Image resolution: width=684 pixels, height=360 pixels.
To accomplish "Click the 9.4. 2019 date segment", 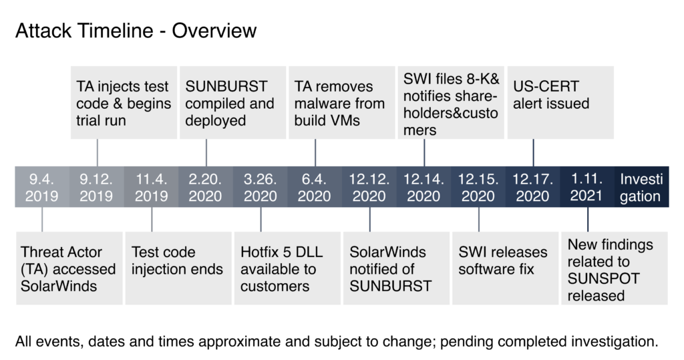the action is pos(42,187).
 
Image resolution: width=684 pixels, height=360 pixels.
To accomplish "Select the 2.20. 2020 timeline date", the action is pos(206,187).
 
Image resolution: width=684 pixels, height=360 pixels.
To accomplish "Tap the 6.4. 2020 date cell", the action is pos(315,187).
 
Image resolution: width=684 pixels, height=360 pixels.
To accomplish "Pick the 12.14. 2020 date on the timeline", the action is pos(423,187).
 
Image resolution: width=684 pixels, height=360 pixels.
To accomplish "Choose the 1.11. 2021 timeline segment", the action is pos(587,187).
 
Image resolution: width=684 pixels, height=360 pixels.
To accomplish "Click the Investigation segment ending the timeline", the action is pos(642,187).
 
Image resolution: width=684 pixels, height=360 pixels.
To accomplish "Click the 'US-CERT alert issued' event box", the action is pos(560,103).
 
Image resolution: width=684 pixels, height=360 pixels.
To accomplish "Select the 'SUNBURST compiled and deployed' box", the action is pos(233,103).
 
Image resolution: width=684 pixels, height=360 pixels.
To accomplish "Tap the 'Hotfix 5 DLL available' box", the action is pos(287,268).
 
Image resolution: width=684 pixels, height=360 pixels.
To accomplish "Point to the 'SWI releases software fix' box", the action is pos(506,268).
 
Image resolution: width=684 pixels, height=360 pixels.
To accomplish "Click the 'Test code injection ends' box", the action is pos(178,268).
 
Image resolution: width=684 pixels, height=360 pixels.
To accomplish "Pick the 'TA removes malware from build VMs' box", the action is pos(342,103).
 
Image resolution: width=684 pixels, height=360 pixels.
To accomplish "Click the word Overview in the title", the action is pos(214,31).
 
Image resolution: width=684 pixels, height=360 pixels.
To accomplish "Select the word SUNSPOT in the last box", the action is pos(604,279).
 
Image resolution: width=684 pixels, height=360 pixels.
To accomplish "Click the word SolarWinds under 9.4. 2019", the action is pos(59,287).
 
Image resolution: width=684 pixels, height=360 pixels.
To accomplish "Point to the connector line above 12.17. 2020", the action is pos(533,153).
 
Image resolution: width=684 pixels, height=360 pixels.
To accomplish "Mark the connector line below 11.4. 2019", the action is pos(152,220).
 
